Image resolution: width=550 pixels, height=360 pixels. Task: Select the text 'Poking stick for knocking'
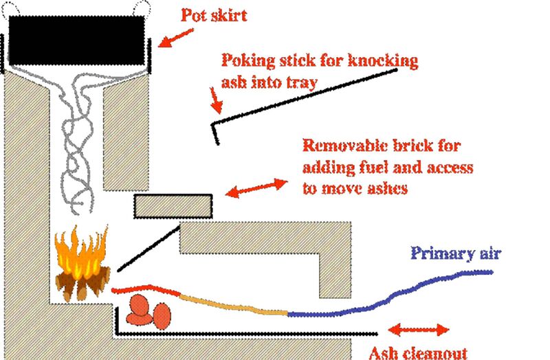pyautogui.click(x=319, y=61)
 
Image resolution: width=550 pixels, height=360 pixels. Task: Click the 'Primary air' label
pyautogui.click(x=456, y=253)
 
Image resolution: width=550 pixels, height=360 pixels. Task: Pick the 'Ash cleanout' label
pyautogui.click(x=418, y=352)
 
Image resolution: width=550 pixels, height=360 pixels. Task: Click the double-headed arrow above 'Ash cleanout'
pyautogui.click(x=420, y=329)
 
